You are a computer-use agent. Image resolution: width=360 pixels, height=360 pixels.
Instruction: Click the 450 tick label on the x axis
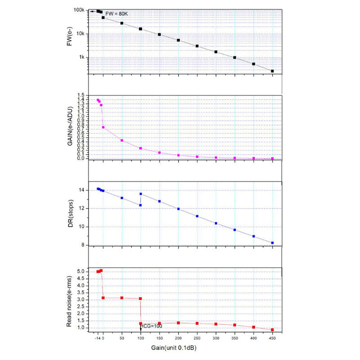272,338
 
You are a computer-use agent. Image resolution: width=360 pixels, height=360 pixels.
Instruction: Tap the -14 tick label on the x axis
98,338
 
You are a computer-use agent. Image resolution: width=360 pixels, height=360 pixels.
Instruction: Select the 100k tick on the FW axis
79,10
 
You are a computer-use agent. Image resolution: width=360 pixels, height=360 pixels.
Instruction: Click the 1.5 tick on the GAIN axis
81,95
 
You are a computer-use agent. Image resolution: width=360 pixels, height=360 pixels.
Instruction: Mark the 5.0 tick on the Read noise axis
81,272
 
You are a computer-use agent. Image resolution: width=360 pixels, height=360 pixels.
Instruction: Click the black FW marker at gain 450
272,71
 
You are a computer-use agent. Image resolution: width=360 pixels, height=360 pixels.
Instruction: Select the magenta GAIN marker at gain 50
122,140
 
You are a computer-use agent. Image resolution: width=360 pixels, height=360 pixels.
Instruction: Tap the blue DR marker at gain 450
272,243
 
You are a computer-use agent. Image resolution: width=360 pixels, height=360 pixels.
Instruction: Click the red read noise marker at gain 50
122,298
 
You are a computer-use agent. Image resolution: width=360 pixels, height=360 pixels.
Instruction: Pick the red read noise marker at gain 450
272,330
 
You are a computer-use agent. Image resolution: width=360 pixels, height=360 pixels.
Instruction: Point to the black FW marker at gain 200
178,40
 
